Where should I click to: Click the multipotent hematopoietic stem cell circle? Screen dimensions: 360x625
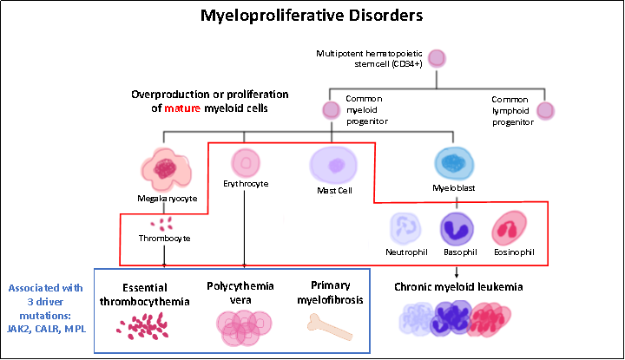click(x=437, y=58)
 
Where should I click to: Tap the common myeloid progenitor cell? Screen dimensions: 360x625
click(x=331, y=110)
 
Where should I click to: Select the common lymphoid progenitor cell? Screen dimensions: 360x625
click(x=545, y=110)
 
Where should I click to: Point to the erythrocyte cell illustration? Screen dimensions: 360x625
click(x=246, y=161)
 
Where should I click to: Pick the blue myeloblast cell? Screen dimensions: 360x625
click(x=452, y=161)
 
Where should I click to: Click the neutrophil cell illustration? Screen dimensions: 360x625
click(x=405, y=229)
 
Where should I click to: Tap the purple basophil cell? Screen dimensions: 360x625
click(x=457, y=229)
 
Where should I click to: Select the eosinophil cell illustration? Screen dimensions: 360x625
click(x=508, y=229)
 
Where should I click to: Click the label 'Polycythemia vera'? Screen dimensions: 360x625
click(x=240, y=292)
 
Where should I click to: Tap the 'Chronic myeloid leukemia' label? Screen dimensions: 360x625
click(x=458, y=286)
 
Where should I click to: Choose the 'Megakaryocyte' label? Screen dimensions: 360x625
click(x=168, y=198)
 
